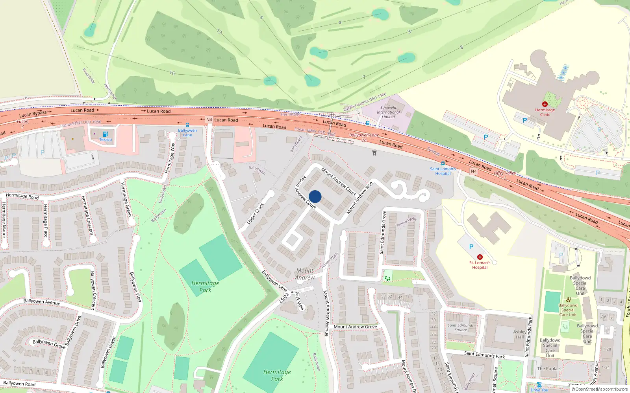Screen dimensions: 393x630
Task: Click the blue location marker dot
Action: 315,196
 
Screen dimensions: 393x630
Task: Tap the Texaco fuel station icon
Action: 105,134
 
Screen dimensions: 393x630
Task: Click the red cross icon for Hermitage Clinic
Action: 545,104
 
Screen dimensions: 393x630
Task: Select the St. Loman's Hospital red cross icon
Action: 480,257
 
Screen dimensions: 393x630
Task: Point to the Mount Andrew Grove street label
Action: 355,327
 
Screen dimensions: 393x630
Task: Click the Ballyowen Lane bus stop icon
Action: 187,125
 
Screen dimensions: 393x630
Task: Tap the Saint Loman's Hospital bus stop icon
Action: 443,163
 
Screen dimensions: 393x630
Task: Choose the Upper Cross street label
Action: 255,214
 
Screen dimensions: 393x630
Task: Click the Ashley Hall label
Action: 520,334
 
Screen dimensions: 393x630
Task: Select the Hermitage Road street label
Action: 22,196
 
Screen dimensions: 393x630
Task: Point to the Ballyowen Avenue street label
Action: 42,302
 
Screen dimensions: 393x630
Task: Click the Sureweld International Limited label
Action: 388,112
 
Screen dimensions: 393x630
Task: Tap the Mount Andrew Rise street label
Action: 359,198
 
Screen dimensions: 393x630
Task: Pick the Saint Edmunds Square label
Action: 461,327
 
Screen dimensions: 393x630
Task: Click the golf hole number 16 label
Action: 172,73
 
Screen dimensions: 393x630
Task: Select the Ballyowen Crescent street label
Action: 93,290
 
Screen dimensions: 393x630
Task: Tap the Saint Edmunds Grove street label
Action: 383,232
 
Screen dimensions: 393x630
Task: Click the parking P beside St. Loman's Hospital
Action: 471,247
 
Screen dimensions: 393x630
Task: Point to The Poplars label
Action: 549,369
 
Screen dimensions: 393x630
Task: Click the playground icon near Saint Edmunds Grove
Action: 387,279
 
